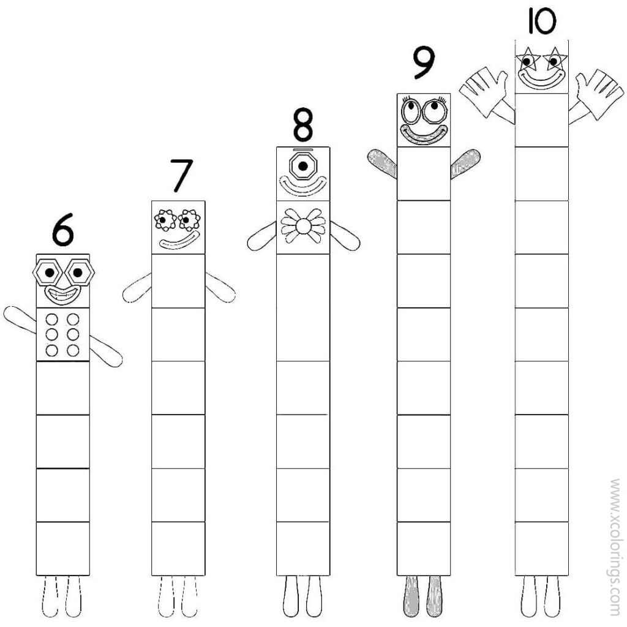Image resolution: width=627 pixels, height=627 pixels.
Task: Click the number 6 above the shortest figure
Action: click(62, 231)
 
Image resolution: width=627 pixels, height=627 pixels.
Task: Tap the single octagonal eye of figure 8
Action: click(302, 166)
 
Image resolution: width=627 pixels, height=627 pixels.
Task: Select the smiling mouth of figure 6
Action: click(62, 296)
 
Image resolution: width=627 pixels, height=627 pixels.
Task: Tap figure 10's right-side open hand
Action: click(598, 92)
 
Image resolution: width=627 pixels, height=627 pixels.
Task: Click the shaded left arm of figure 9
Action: click(382, 162)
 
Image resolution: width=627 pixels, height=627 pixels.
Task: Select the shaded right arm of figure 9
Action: click(465, 163)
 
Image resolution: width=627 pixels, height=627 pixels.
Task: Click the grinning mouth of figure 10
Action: click(541, 78)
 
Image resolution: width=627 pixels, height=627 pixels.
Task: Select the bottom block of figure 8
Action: click(302, 548)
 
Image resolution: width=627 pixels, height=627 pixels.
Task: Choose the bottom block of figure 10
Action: click(541, 548)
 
